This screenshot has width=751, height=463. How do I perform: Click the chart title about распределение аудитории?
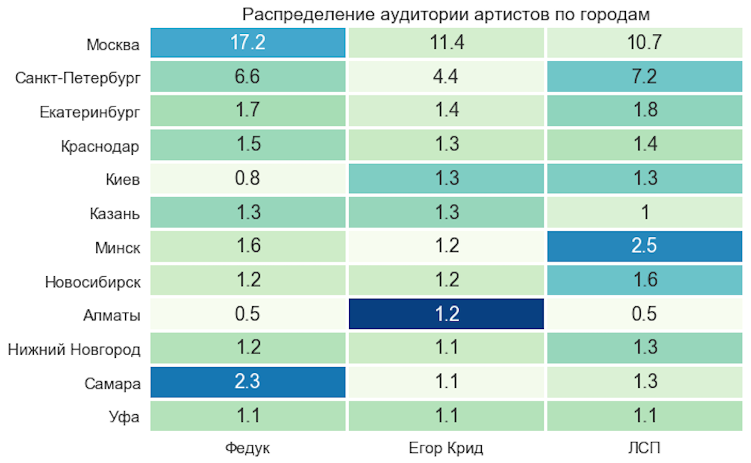click(x=446, y=13)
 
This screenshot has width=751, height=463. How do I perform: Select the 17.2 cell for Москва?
click(x=248, y=43)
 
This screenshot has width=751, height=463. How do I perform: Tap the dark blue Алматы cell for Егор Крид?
click(x=446, y=314)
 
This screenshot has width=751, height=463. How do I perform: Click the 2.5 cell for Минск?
click(x=645, y=246)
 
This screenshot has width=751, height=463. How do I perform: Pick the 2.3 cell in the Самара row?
click(x=248, y=382)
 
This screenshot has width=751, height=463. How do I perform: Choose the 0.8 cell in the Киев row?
click(x=248, y=179)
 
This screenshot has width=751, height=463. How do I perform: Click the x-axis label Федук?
click(x=248, y=449)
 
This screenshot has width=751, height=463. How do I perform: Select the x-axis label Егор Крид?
click(x=446, y=449)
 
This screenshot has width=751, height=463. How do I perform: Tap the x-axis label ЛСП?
click(x=645, y=449)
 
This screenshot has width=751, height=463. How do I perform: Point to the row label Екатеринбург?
click(x=89, y=112)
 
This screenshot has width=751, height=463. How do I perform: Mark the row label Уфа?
click(x=123, y=417)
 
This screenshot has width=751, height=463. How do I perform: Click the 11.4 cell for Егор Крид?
click(x=446, y=43)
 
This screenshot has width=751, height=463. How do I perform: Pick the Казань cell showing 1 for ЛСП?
click(x=645, y=212)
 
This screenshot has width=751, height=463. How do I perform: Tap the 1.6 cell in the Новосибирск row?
click(x=645, y=280)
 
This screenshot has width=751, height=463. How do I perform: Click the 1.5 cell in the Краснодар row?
click(x=248, y=145)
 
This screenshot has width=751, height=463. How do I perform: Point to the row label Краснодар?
click(x=100, y=147)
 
